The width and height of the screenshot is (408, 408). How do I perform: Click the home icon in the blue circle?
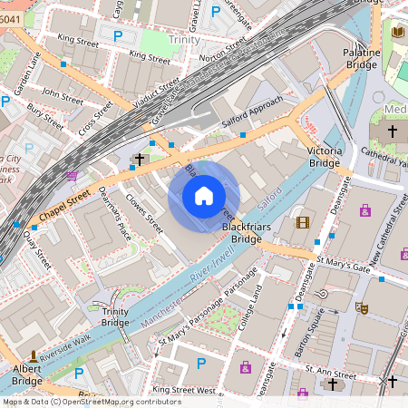[204, 196]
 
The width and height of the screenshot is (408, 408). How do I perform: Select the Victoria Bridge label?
[324, 156]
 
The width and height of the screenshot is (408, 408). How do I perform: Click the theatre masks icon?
[361, 308]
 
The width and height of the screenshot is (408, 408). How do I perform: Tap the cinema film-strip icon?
[303, 222]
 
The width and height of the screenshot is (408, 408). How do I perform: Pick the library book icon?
[397, 33]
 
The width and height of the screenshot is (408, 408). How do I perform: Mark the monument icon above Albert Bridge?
[34, 355]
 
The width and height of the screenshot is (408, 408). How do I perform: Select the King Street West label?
[184, 390]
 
